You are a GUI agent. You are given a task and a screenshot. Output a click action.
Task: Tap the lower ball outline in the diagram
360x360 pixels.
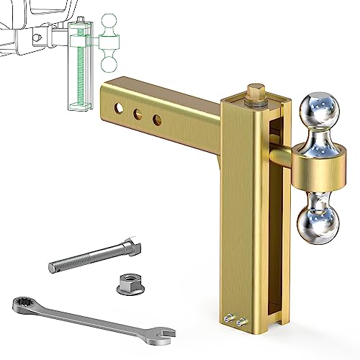[109, 64]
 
